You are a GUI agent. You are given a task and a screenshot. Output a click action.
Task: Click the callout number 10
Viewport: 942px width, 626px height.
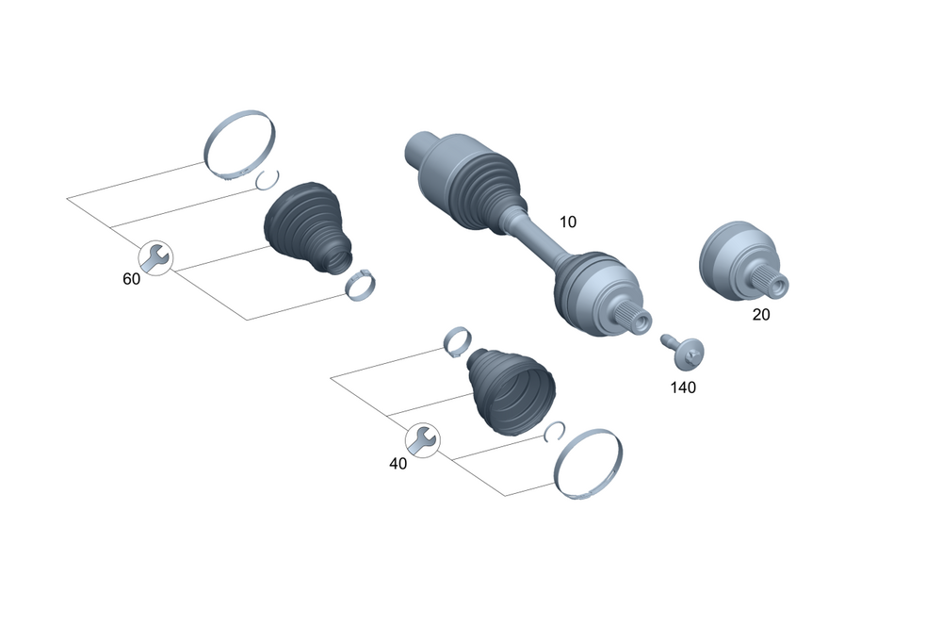click(x=568, y=222)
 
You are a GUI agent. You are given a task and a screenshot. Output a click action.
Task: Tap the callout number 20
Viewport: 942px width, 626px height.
click(x=760, y=315)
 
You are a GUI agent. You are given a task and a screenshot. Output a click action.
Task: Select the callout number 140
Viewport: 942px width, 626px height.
click(x=683, y=387)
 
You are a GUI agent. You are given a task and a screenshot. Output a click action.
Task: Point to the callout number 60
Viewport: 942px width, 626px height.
click(x=131, y=279)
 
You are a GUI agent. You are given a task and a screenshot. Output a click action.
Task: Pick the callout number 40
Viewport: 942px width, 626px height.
click(x=398, y=464)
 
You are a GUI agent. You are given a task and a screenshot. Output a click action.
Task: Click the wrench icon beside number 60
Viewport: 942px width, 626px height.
click(x=155, y=258)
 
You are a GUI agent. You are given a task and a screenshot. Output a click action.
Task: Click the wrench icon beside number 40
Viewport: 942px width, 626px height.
click(x=423, y=440)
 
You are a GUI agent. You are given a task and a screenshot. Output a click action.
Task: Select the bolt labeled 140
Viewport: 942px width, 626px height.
click(x=683, y=352)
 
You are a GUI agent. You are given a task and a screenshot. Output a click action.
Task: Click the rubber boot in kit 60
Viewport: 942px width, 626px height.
click(x=306, y=227)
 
